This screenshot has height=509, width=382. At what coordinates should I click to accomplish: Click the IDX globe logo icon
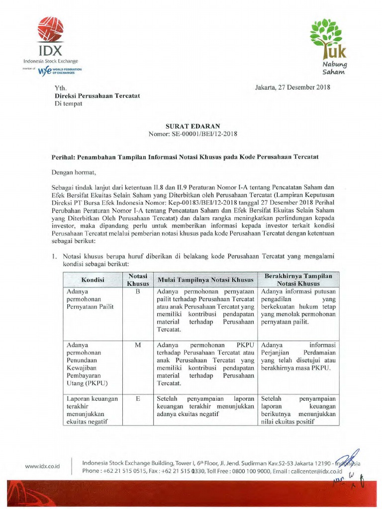tap(50, 29)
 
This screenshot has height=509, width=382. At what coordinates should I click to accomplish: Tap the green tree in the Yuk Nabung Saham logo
tap(326, 33)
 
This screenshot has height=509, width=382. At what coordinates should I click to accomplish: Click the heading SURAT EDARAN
tap(191, 126)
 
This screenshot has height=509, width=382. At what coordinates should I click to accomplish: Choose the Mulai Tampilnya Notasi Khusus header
tap(205, 280)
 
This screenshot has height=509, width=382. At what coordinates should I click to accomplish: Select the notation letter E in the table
tap(138, 399)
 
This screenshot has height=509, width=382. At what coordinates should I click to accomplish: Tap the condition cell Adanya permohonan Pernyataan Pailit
tap(90, 299)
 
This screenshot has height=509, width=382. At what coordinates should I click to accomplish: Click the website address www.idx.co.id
tap(42, 466)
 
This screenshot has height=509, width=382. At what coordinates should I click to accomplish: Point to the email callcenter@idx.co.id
tap(317, 471)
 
